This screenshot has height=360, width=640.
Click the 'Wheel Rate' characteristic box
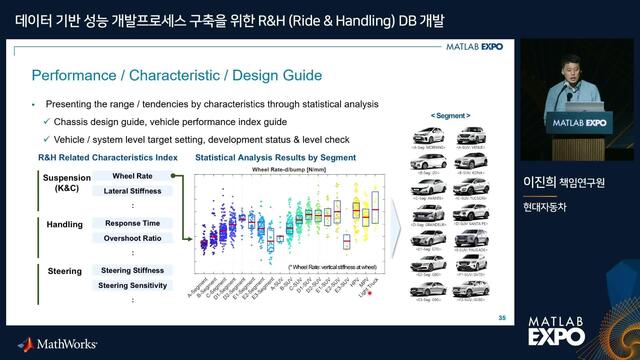pyautogui.click(x=125, y=176)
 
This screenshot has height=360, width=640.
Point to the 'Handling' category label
pyautogui.click(x=65, y=225)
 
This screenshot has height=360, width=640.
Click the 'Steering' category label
pyautogui.click(x=65, y=271)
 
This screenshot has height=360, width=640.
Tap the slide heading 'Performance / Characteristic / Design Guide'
pyautogui.click(x=177, y=75)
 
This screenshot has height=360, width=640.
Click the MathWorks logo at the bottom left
pyautogui.click(x=59, y=343)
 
